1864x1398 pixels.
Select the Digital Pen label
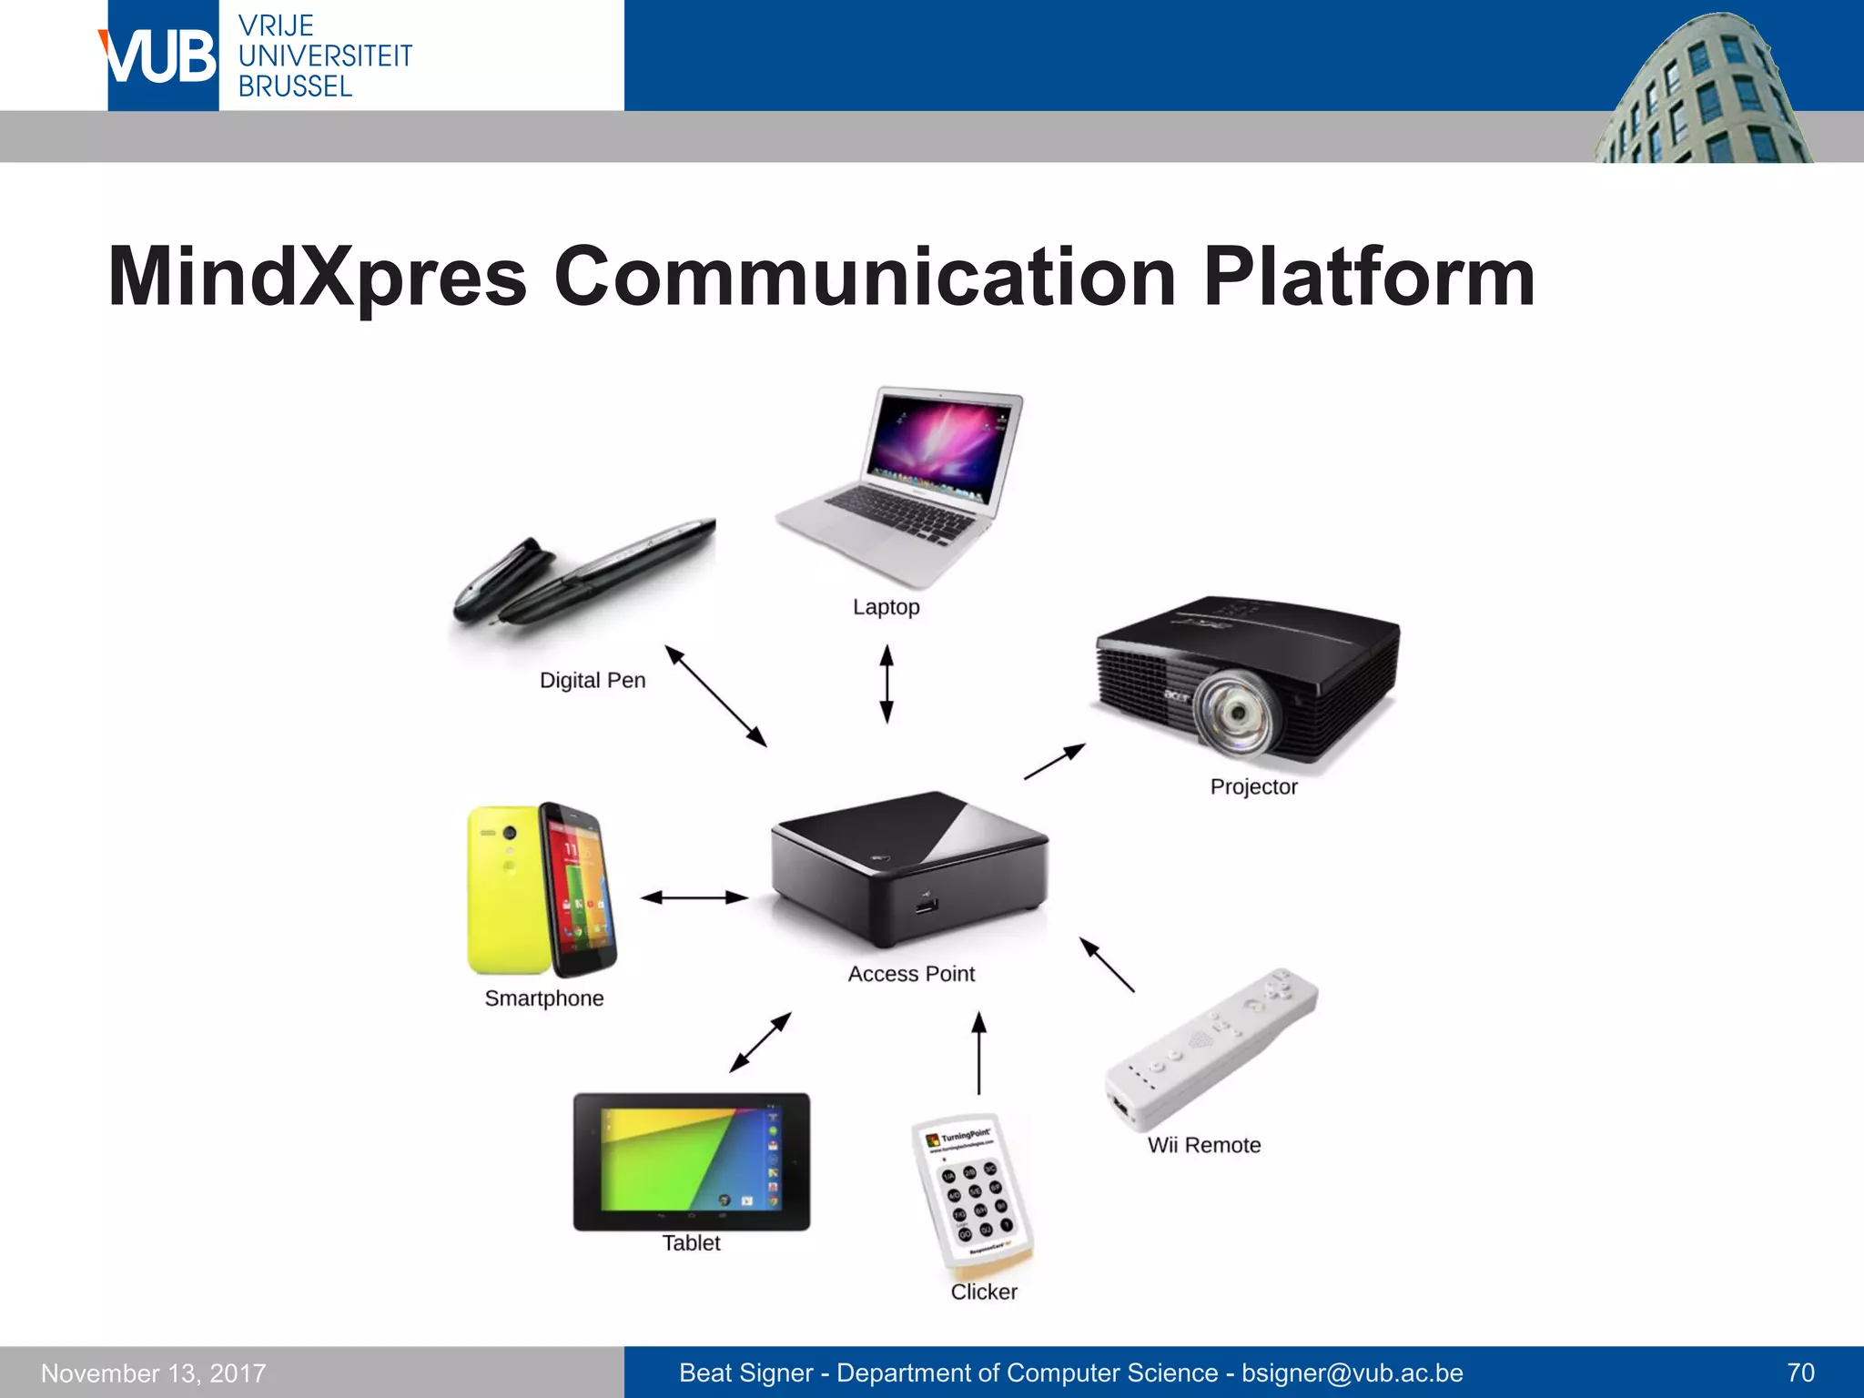click(593, 681)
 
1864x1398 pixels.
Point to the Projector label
click(1253, 787)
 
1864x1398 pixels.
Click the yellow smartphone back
click(504, 888)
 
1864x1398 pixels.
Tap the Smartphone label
click(544, 998)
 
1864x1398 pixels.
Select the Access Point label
click(911, 974)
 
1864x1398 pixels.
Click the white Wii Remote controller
click(1210, 1047)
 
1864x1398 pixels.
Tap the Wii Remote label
click(1204, 1145)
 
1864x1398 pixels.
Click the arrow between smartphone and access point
click(694, 897)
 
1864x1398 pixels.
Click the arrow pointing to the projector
click(1055, 762)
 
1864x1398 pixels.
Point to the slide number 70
click(1800, 1373)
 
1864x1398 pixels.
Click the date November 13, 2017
click(154, 1373)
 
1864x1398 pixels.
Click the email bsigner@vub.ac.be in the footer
click(1352, 1373)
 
